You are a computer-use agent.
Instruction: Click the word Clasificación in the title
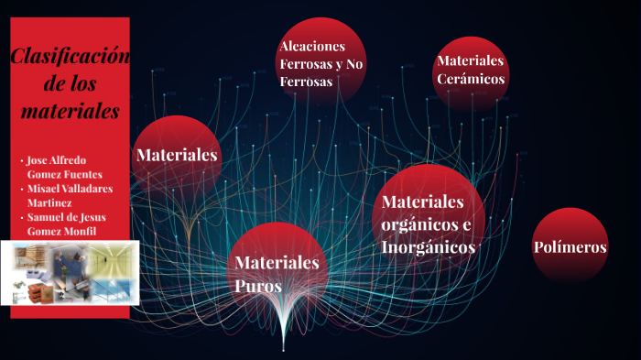tap(70, 59)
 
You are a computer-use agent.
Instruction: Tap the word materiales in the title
tap(70, 112)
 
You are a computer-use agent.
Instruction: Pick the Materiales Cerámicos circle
tap(471, 71)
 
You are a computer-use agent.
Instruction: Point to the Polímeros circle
tap(570, 246)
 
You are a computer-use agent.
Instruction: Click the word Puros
tap(258, 286)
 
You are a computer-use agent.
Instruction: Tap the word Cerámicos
tap(471, 80)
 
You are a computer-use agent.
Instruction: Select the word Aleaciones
tap(312, 46)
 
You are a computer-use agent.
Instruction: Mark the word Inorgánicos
tap(428, 247)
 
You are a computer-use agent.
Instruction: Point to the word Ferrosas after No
tap(306, 82)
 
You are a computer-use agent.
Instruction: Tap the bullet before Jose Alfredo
tap(23, 160)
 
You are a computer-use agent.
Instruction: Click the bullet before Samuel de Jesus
tap(23, 217)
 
